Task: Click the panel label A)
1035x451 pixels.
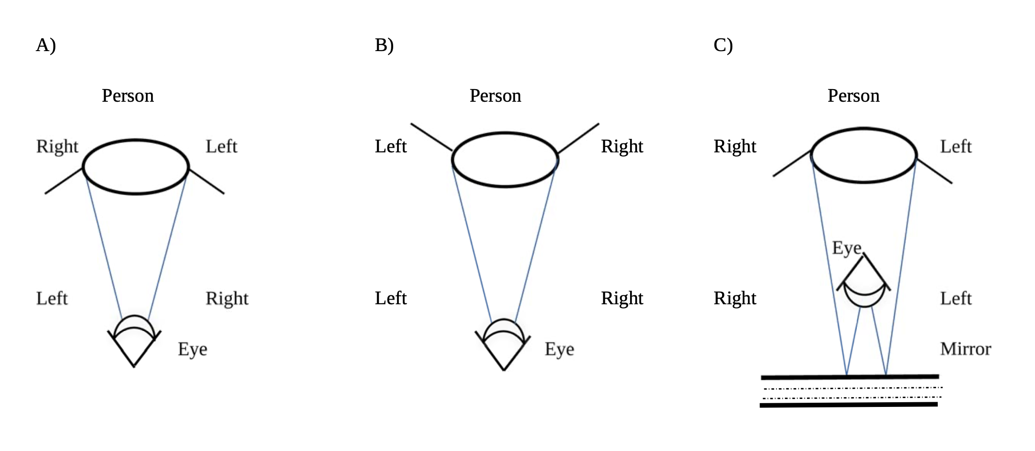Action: coord(46,45)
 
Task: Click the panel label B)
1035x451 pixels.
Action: coord(384,45)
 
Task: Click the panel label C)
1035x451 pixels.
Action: coord(723,45)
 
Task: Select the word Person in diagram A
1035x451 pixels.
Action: coord(128,96)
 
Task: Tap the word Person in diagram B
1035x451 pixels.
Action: coord(495,96)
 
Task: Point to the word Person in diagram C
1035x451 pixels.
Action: coord(853,96)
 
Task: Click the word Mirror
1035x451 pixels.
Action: coord(966,349)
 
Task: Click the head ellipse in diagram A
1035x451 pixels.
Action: coord(136,166)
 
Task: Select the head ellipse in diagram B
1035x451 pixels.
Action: coord(505,160)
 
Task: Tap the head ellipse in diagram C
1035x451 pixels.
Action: coord(864,155)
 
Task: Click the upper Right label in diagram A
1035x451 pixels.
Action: coord(57,147)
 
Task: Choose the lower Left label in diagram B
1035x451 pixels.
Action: coord(391,299)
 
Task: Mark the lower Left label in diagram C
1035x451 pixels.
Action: coord(956,299)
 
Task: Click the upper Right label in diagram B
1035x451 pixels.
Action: coord(622,147)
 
